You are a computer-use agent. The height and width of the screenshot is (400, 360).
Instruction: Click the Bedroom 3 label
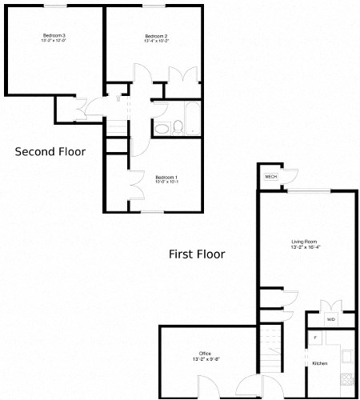click(x=54, y=36)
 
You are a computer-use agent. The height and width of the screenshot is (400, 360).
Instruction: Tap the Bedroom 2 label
click(x=156, y=36)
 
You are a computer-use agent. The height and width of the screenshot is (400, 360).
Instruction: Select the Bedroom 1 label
click(x=166, y=176)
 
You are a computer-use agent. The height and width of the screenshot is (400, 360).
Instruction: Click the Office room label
click(x=206, y=353)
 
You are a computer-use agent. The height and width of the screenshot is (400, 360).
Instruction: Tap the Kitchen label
click(x=319, y=364)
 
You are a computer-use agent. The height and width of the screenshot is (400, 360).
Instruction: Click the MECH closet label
click(x=271, y=176)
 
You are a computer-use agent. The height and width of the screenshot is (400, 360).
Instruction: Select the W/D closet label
click(x=330, y=319)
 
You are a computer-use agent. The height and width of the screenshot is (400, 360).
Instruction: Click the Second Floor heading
click(x=50, y=151)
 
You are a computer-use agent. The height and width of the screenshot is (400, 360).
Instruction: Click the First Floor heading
click(x=197, y=254)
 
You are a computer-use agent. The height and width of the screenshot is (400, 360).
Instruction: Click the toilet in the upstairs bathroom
click(x=162, y=128)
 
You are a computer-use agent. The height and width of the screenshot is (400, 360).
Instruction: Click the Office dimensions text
click(x=206, y=360)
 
